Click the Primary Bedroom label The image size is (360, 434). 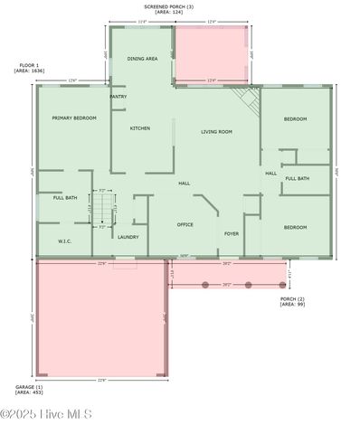74,118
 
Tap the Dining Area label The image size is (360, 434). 142,59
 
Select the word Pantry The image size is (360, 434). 118,96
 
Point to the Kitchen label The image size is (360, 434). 140,128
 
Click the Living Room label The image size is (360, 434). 216,132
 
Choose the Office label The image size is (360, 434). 185,224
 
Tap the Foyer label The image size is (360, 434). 232,233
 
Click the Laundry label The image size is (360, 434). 128,237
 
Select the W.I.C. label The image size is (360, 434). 64,241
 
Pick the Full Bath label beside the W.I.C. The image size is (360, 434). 64,197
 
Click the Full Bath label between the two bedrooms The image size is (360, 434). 297,178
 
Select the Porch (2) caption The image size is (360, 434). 291,301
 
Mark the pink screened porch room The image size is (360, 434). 210,54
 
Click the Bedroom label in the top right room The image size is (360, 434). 296,119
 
